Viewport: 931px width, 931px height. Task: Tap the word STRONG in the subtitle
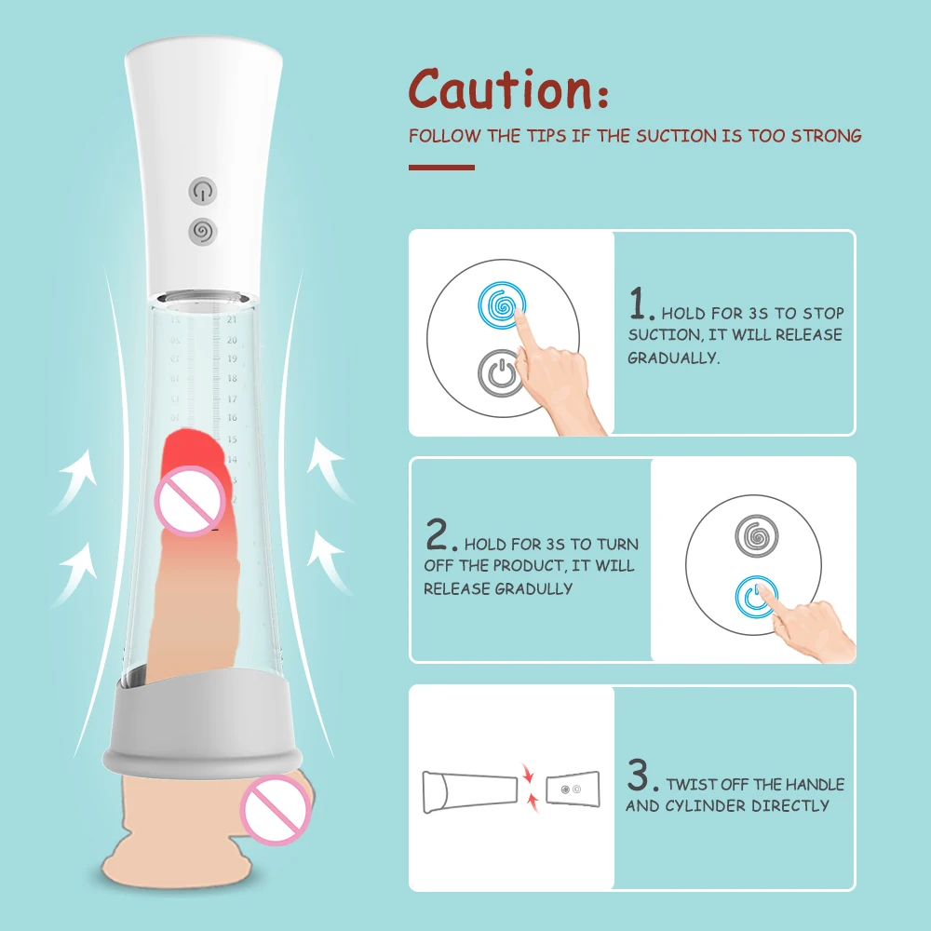point(826,136)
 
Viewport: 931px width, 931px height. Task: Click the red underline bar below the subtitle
point(441,168)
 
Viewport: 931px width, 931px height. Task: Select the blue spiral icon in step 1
point(502,304)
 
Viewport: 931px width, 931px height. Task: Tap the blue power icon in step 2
point(757,597)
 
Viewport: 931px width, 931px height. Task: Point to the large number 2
point(439,536)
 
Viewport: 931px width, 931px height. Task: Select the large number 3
point(640,775)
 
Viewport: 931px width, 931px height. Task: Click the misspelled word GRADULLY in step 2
point(533,588)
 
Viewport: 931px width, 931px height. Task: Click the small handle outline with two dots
point(571,789)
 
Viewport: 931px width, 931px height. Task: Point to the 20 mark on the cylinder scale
point(232,340)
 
